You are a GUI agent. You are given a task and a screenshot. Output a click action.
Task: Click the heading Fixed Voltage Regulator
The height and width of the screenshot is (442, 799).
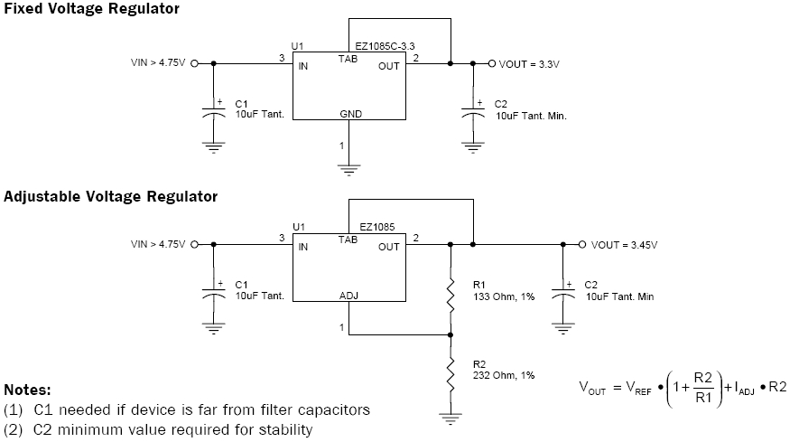[92, 9]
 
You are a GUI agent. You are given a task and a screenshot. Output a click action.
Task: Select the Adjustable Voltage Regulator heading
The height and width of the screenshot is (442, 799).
[110, 196]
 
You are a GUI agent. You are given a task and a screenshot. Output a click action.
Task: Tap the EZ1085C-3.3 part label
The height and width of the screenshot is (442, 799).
[385, 46]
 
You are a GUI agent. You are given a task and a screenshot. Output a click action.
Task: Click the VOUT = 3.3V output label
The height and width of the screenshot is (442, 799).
[529, 64]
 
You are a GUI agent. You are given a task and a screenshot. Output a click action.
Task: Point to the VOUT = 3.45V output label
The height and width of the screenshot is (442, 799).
[624, 245]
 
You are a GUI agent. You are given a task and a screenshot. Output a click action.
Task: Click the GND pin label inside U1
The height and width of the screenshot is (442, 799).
[350, 114]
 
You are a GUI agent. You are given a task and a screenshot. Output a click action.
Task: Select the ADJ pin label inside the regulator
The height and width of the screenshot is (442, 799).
[349, 296]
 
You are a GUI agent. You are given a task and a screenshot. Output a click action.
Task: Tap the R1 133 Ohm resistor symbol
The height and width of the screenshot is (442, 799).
[451, 295]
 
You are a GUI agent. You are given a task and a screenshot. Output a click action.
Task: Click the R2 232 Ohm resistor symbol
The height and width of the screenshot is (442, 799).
[451, 374]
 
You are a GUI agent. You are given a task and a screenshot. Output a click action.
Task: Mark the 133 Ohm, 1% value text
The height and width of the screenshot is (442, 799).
[504, 297]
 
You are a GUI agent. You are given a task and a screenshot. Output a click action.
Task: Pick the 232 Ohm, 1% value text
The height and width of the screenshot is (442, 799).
[504, 376]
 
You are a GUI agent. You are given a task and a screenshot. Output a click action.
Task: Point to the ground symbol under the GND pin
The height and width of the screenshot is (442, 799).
[348, 170]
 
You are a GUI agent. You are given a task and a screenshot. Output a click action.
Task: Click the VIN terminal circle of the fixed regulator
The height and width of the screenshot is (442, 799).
[194, 64]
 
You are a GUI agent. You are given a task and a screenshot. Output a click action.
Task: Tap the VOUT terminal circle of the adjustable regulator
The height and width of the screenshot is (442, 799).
[582, 245]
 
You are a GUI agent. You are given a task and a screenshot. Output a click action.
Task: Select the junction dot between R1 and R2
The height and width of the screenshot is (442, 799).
[451, 335]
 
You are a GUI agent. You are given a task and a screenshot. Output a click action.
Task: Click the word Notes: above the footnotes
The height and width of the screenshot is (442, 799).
[27, 390]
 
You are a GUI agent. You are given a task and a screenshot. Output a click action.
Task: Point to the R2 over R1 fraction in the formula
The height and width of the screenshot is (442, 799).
[703, 388]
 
